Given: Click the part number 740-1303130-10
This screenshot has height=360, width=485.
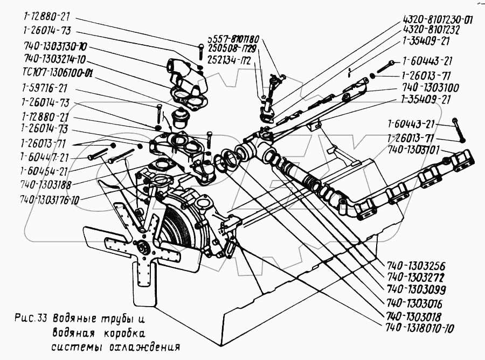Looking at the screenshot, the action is (55, 46).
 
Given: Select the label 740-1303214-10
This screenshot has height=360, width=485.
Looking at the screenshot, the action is (55, 59).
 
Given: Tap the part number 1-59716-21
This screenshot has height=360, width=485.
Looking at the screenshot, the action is (44, 88).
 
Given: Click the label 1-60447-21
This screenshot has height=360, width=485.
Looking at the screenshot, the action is (44, 157).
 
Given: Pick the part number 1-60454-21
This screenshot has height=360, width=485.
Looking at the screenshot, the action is (44, 170).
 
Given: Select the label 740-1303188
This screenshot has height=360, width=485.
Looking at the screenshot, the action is (45, 185).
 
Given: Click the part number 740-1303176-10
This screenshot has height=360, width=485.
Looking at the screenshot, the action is (49, 200).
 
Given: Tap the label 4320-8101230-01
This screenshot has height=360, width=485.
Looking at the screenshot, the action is (438, 20).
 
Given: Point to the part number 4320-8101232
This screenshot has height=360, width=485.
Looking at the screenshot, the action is (431, 30).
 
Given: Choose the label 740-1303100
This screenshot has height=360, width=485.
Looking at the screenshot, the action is (431, 87).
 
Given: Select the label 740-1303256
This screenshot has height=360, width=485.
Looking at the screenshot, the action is (415, 266).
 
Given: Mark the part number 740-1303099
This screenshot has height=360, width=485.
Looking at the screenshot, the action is (415, 290).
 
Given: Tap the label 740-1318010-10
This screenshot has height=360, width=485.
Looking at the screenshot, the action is (419, 328).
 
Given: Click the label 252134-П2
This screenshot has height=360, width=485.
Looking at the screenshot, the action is (231, 59).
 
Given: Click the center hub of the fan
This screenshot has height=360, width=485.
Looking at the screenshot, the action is (144, 248).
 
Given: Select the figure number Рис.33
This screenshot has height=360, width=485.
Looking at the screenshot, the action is (31, 319).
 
